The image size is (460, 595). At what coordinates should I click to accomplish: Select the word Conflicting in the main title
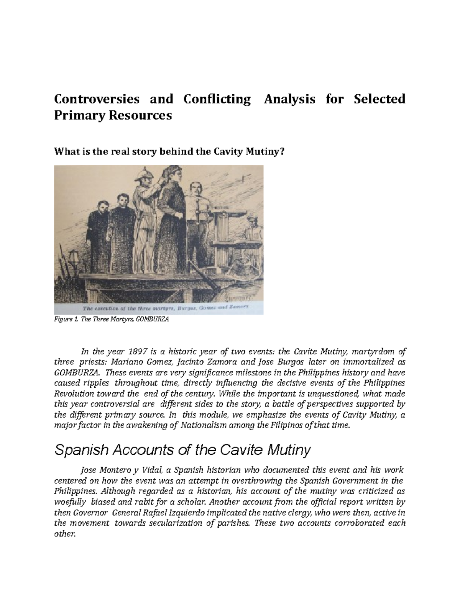click(x=217, y=99)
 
